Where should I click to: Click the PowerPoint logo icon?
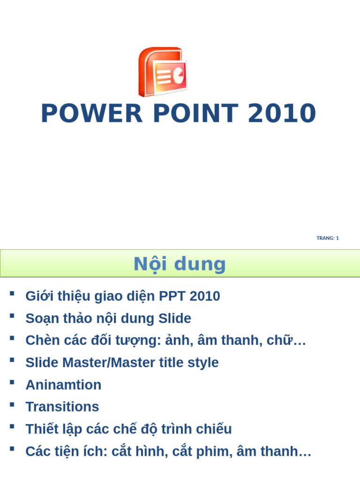[163, 71]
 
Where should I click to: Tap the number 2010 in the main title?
[282, 114]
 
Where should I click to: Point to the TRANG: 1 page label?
[328, 238]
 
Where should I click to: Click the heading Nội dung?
[180, 264]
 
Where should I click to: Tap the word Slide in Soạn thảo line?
[175, 319]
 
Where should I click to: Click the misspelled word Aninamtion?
[63, 385]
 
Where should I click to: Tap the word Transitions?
[62, 407]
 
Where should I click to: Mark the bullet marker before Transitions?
[12, 404]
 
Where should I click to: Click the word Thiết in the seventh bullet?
[41, 429]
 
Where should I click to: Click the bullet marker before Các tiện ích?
[12, 449]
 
